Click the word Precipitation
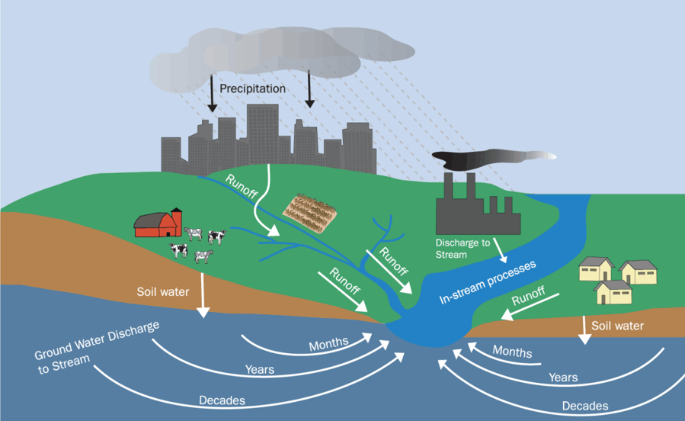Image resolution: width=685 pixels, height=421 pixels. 252,88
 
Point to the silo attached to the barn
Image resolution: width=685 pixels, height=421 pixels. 177,222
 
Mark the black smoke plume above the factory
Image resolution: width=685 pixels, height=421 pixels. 488,157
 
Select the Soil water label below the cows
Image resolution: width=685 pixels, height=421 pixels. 162,291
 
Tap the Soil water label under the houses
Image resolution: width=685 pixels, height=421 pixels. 618,326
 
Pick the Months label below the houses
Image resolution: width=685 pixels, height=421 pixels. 512,352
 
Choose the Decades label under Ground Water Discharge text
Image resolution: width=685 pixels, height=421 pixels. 222,400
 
